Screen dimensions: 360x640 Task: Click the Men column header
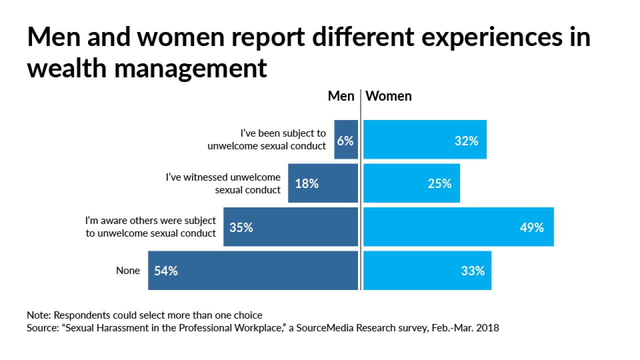click(x=341, y=96)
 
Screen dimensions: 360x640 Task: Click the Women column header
click(x=388, y=96)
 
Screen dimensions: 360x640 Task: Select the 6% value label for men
click(x=345, y=141)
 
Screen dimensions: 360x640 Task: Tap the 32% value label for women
click(x=466, y=141)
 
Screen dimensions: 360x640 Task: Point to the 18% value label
click(x=306, y=184)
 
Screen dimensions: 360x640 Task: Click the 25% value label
click(x=439, y=184)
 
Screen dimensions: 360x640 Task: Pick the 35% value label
click(x=241, y=227)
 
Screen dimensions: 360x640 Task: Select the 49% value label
click(x=531, y=227)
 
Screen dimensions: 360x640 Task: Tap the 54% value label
click(x=166, y=271)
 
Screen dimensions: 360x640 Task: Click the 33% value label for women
click(x=472, y=271)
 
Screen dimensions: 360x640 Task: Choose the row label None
click(x=128, y=270)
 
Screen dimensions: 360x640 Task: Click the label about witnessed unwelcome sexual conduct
click(x=223, y=183)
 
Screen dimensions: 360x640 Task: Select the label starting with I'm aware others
click(x=150, y=227)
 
